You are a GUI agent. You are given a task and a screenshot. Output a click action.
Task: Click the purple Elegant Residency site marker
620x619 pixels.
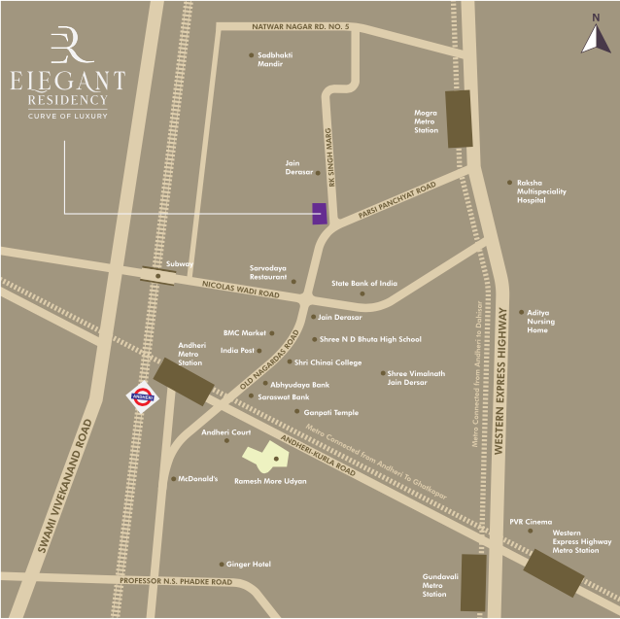(x=319, y=214)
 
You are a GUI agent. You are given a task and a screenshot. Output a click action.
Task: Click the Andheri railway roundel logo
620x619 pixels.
(x=143, y=398)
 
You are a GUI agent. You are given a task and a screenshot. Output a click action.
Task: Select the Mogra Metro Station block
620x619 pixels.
(x=459, y=119)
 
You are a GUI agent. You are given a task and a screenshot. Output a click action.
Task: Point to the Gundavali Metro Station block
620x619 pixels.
(x=473, y=582)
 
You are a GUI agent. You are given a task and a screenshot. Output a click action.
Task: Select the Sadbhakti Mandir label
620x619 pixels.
(x=275, y=59)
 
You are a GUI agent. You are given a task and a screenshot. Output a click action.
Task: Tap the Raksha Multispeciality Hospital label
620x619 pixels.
(x=543, y=191)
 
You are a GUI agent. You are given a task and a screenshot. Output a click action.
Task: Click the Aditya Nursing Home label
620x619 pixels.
(x=540, y=322)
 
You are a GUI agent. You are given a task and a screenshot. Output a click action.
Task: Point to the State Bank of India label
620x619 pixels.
(x=364, y=284)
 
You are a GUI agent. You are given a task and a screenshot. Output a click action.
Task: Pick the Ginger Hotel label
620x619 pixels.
(x=249, y=565)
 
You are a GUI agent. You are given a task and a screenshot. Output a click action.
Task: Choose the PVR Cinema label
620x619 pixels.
(x=531, y=522)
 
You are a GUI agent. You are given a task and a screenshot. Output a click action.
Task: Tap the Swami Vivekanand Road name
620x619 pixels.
(x=66, y=485)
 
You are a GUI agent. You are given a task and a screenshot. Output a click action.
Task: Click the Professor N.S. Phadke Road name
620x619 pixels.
(x=176, y=581)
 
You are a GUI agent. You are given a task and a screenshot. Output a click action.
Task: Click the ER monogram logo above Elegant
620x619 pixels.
(x=66, y=45)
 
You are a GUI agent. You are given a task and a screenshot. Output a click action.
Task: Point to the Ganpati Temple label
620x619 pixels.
(x=331, y=413)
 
